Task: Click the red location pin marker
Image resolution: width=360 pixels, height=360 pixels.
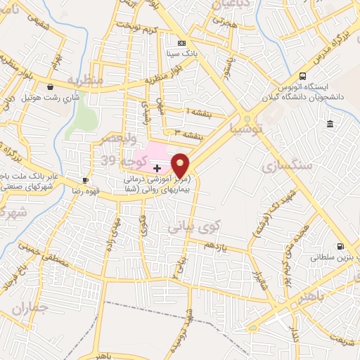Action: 181,165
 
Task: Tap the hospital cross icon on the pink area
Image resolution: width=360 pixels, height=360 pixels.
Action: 156,168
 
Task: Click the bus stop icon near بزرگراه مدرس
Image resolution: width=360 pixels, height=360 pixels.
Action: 302,75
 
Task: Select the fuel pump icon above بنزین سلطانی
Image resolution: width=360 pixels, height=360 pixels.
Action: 340,247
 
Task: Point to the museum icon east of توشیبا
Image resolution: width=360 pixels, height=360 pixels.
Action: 329,124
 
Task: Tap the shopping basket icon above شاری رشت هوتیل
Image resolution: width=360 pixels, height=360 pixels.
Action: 50,86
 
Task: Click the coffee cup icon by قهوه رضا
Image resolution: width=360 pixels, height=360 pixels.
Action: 86,180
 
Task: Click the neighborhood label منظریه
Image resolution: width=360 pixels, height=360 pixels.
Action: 86,79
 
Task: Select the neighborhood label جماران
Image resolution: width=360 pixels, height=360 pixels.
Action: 31,307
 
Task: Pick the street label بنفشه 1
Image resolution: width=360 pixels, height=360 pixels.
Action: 198,111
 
